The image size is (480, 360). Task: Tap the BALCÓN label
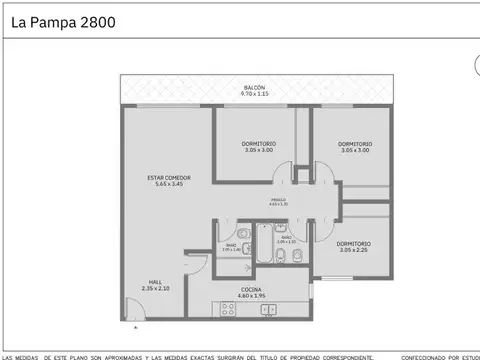point(255,88)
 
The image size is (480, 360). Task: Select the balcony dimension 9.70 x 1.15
point(255,94)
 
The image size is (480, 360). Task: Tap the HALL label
point(156,282)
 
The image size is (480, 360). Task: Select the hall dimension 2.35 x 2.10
point(156,288)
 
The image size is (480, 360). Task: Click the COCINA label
point(250,289)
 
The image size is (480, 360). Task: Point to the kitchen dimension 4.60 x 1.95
point(250,295)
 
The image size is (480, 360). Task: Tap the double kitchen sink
point(268,309)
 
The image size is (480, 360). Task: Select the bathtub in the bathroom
point(263,242)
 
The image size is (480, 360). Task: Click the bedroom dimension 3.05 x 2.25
point(353,250)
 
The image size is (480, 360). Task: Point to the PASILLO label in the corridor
point(277,200)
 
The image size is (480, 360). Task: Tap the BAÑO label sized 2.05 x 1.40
point(230,245)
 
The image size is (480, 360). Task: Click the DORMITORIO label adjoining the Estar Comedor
point(258,144)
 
